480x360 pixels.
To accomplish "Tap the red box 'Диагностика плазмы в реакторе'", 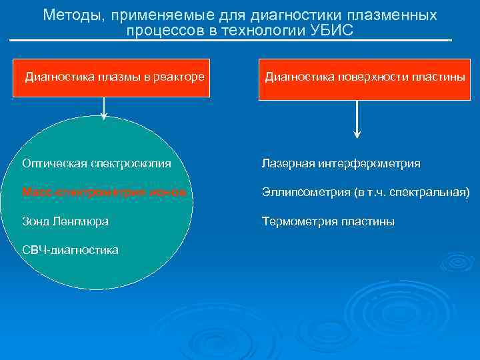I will click(114, 76).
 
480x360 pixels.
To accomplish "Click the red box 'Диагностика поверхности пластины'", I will click(365, 76).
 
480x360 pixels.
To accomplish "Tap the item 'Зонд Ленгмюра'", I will click(65, 221).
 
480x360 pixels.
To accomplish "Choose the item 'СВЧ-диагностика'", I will click(70, 250).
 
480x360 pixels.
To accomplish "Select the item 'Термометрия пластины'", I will click(328, 221).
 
